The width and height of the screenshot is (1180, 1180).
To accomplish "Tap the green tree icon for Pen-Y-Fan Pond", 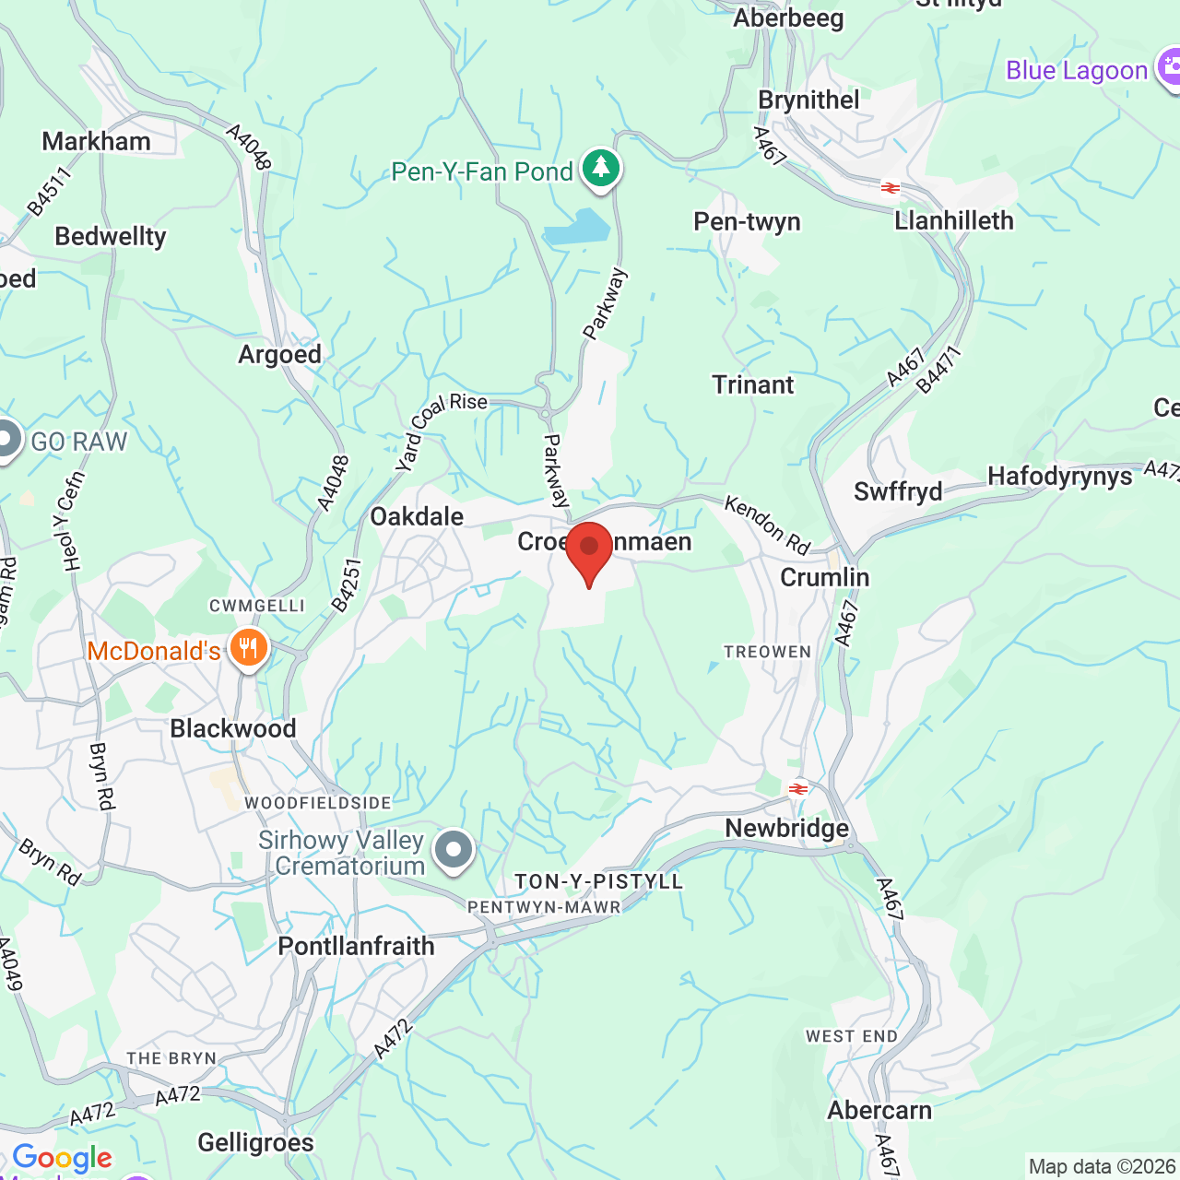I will (602, 168).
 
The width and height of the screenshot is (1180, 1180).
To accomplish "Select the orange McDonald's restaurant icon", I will (248, 648).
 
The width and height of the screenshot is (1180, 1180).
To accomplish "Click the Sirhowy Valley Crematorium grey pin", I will (454, 849).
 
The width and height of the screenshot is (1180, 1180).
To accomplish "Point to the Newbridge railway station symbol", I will (798, 789).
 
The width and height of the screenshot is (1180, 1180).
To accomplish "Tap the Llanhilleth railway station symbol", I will (890, 188).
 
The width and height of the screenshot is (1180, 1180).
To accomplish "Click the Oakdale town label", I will (417, 516).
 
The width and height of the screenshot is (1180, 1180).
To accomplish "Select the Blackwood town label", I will (233, 728).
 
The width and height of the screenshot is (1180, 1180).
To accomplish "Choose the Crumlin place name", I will (825, 577).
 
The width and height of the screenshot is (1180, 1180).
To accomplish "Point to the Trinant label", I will (752, 384).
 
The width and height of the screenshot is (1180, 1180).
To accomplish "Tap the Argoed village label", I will (280, 355).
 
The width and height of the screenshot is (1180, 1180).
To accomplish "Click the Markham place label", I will (97, 141).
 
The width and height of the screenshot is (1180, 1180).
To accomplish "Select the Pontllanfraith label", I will (356, 946).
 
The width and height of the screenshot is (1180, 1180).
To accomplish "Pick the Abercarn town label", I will (879, 1110).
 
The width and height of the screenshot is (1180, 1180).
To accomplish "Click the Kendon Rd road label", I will (767, 525).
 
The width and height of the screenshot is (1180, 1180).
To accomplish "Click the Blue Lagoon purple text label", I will (1077, 71).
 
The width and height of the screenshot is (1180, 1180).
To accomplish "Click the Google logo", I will (63, 1158).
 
